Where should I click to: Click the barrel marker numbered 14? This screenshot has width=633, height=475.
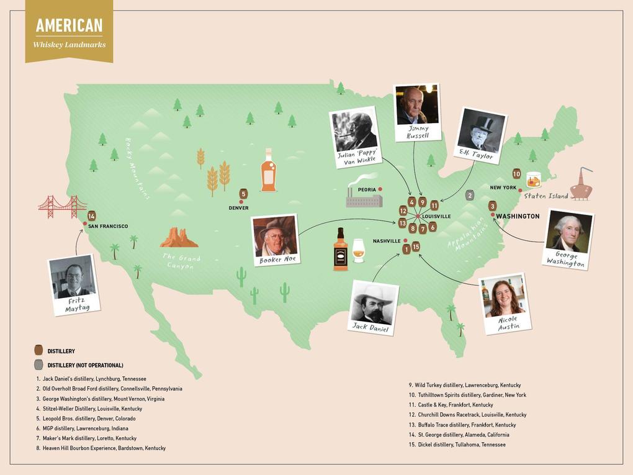91,216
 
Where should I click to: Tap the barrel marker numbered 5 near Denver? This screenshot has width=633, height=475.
243,194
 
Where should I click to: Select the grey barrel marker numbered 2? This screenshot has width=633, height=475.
470,195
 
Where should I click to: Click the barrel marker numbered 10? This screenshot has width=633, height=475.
516,174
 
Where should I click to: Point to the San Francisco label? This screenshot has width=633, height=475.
108,227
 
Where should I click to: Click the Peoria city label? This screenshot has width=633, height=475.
367,189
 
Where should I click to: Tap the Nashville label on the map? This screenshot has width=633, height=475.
387,241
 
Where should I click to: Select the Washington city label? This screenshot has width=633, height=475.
518,216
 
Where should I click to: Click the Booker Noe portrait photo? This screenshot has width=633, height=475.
276,237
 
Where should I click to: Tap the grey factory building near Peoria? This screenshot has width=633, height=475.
364,199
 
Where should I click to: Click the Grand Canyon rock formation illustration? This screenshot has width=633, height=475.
178,238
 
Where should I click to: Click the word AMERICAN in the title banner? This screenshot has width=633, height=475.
69,25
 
